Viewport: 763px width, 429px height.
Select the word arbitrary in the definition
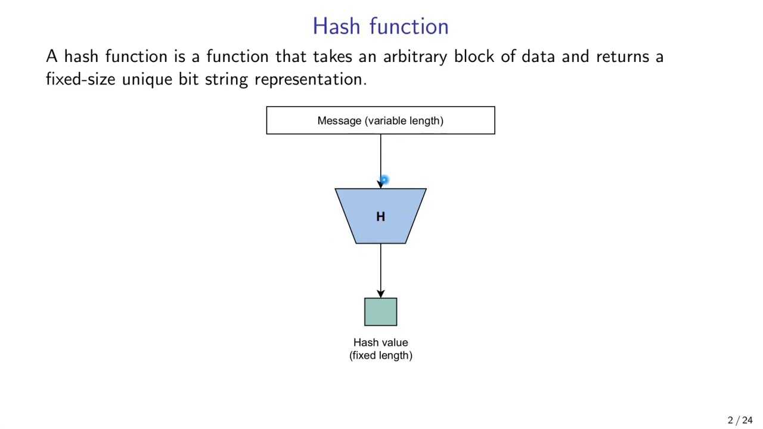(415, 57)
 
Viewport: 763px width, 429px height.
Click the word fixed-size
(80, 79)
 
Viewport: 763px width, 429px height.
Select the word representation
(310, 80)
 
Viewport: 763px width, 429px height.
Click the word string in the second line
(226, 80)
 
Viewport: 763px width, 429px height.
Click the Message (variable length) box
(380, 120)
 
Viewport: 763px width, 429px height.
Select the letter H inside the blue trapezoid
(380, 217)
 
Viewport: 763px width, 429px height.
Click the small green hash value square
(380, 312)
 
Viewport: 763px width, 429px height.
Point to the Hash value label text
(380, 343)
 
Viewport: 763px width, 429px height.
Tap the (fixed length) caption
(380, 356)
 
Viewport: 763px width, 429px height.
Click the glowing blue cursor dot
(384, 179)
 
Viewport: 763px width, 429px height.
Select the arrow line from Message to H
(380, 155)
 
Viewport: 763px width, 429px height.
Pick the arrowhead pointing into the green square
(380, 294)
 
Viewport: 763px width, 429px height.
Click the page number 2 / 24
(740, 420)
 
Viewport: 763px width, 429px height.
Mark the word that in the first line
(290, 57)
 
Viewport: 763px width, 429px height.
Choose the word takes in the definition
(332, 57)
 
